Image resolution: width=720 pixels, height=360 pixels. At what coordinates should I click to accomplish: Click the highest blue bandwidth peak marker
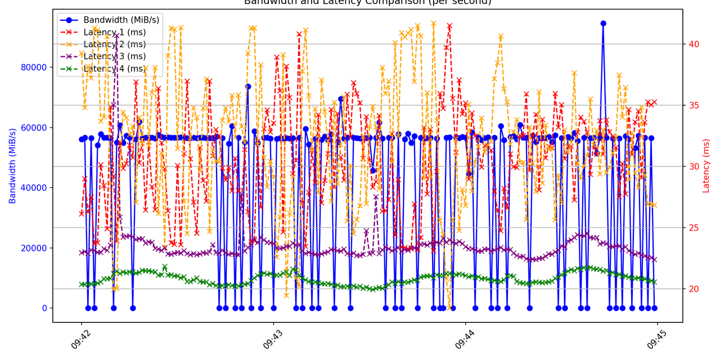(603, 24)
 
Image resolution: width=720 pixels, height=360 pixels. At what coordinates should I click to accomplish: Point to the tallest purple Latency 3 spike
(116, 36)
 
